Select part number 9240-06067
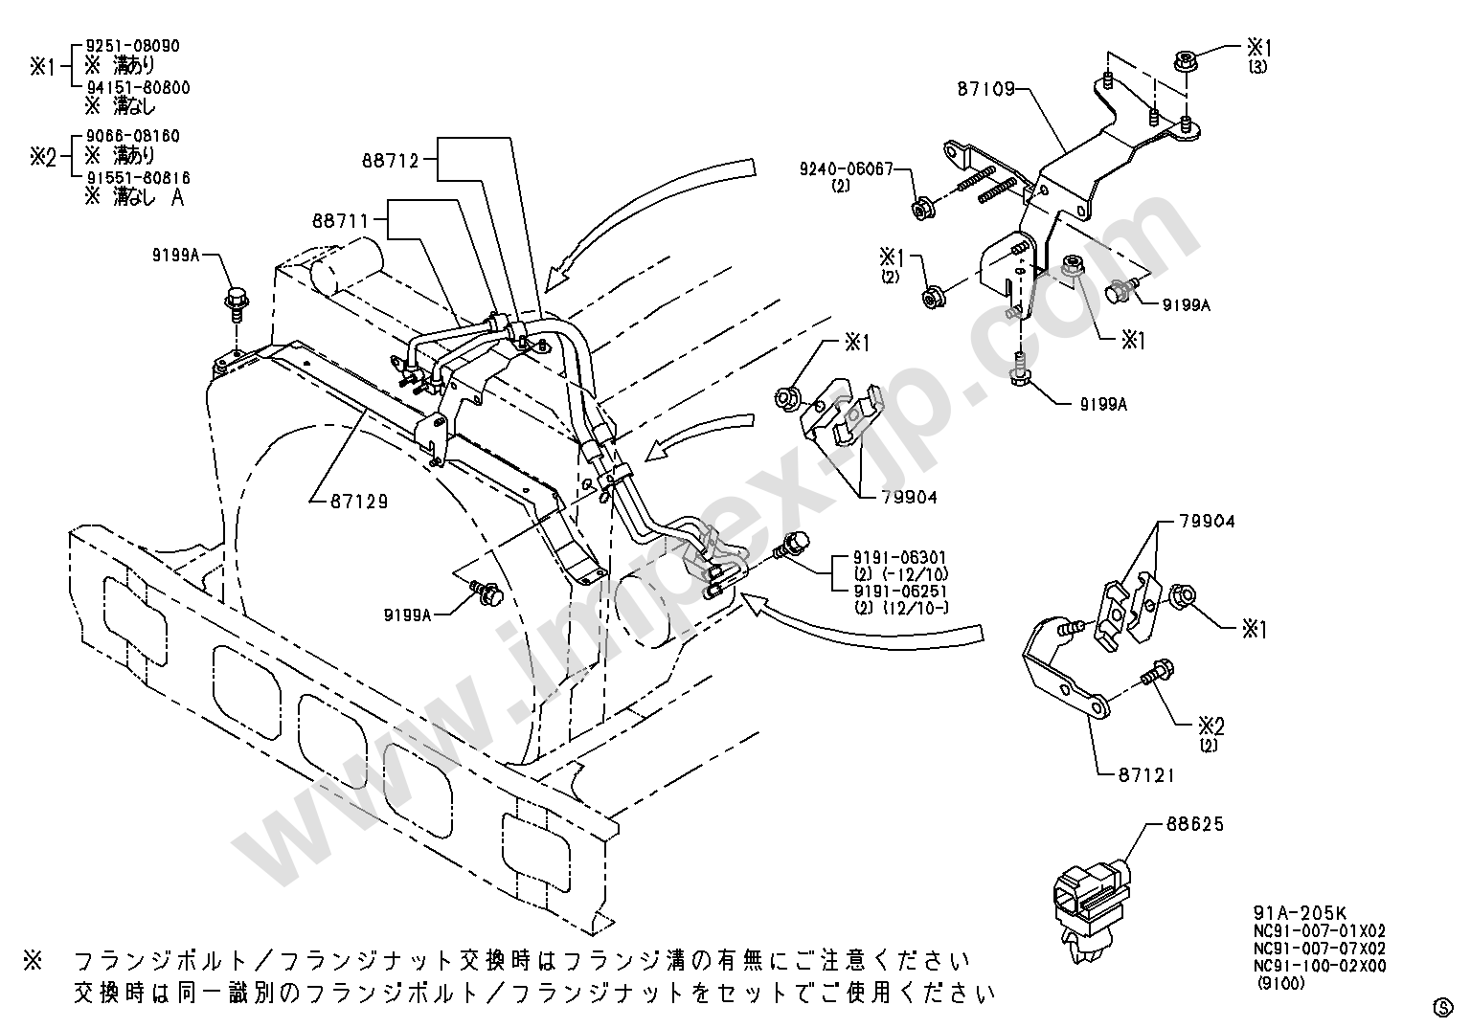846,168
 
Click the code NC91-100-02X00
1320,965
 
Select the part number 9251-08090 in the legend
132,46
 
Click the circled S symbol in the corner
1442,1006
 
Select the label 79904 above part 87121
1206,522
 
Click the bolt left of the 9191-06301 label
790,546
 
